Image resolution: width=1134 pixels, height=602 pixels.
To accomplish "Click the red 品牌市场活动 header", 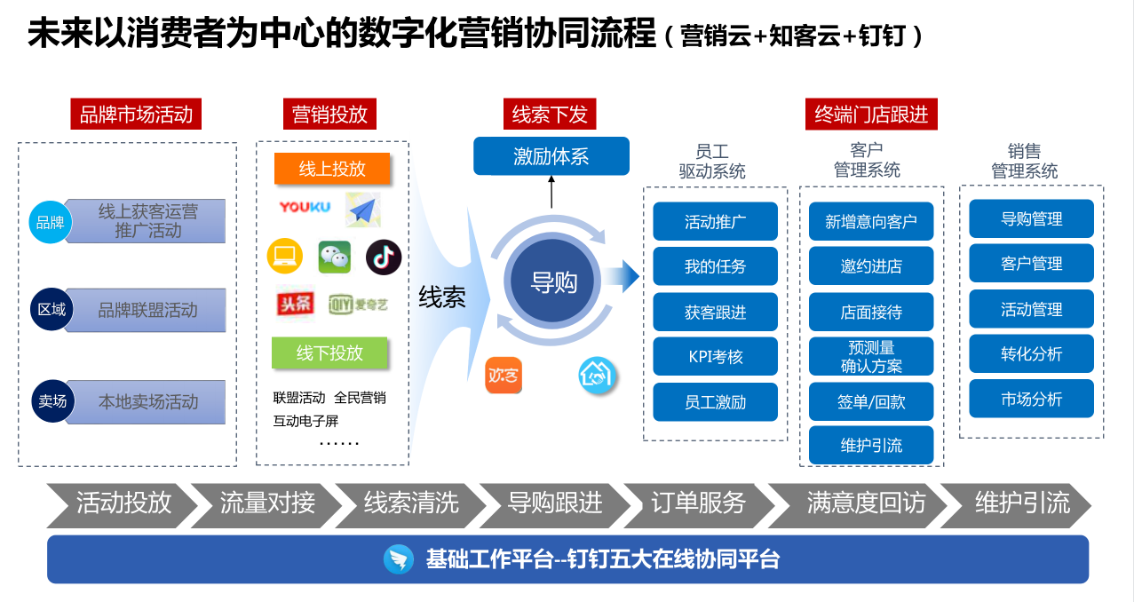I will tap(136, 115).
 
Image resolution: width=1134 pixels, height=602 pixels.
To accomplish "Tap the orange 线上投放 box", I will tap(332, 169).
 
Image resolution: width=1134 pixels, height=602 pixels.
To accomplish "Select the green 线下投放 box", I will tap(329, 352).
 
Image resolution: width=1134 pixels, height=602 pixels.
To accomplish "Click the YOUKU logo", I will tap(305, 207).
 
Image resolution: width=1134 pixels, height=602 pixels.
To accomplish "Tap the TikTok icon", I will tap(384, 257).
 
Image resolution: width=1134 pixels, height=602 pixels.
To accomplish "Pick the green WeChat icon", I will tap(335, 257).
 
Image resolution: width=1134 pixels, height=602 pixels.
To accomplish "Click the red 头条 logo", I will tap(295, 304).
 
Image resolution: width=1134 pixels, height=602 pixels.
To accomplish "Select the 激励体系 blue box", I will tap(551, 156).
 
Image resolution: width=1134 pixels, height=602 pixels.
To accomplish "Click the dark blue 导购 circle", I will tap(553, 282).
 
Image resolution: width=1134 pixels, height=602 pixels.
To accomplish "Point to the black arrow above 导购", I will tap(551, 191).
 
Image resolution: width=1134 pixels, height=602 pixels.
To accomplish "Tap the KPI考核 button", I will tap(715, 357).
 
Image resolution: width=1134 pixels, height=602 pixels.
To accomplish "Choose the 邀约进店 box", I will tap(870, 266).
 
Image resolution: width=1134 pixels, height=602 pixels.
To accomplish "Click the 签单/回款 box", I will tap(870, 401).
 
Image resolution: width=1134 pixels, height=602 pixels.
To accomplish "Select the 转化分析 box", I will tap(1031, 354).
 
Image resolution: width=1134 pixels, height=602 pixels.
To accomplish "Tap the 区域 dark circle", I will tap(52, 310).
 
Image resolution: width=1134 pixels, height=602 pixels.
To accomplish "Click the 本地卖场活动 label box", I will tap(147, 402).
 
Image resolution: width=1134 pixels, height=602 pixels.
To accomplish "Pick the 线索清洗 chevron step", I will tap(410, 503).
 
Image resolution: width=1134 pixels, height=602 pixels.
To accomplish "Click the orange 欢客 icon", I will tap(504, 376).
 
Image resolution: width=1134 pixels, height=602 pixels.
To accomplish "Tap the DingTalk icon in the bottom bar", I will tap(399, 559).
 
